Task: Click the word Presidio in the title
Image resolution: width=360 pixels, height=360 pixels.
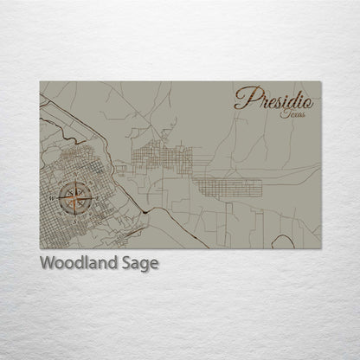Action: click(x=273, y=99)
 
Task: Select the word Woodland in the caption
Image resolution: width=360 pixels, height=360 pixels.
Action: click(x=76, y=264)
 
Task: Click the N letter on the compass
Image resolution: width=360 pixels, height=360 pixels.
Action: click(x=75, y=175)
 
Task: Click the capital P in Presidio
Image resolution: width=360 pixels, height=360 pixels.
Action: click(x=243, y=98)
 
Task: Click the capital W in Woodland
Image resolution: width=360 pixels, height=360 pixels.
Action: click(x=47, y=264)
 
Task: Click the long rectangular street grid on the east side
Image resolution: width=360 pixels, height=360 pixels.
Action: click(x=227, y=185)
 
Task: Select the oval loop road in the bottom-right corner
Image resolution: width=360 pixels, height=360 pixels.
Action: click(x=284, y=241)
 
